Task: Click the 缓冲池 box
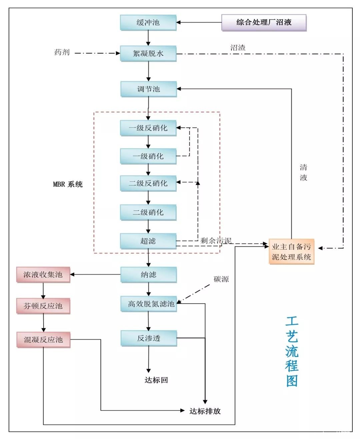[148, 23]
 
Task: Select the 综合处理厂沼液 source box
[264, 23]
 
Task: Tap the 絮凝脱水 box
[148, 53]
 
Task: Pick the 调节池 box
[148, 89]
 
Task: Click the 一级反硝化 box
[148, 128]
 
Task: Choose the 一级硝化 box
[148, 156]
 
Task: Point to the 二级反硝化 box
[148, 183]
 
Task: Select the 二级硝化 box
[148, 212]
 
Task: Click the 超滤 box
[148, 241]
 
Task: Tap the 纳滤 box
[148, 275]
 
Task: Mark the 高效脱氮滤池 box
[149, 304]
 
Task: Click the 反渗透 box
[149, 338]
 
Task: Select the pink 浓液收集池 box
[43, 275]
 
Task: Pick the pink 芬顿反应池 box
[43, 306]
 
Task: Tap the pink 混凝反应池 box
[43, 340]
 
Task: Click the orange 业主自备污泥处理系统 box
[291, 252]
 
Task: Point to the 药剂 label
[62, 52]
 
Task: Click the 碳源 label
[221, 279]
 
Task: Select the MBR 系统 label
[68, 184]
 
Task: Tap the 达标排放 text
[205, 411]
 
